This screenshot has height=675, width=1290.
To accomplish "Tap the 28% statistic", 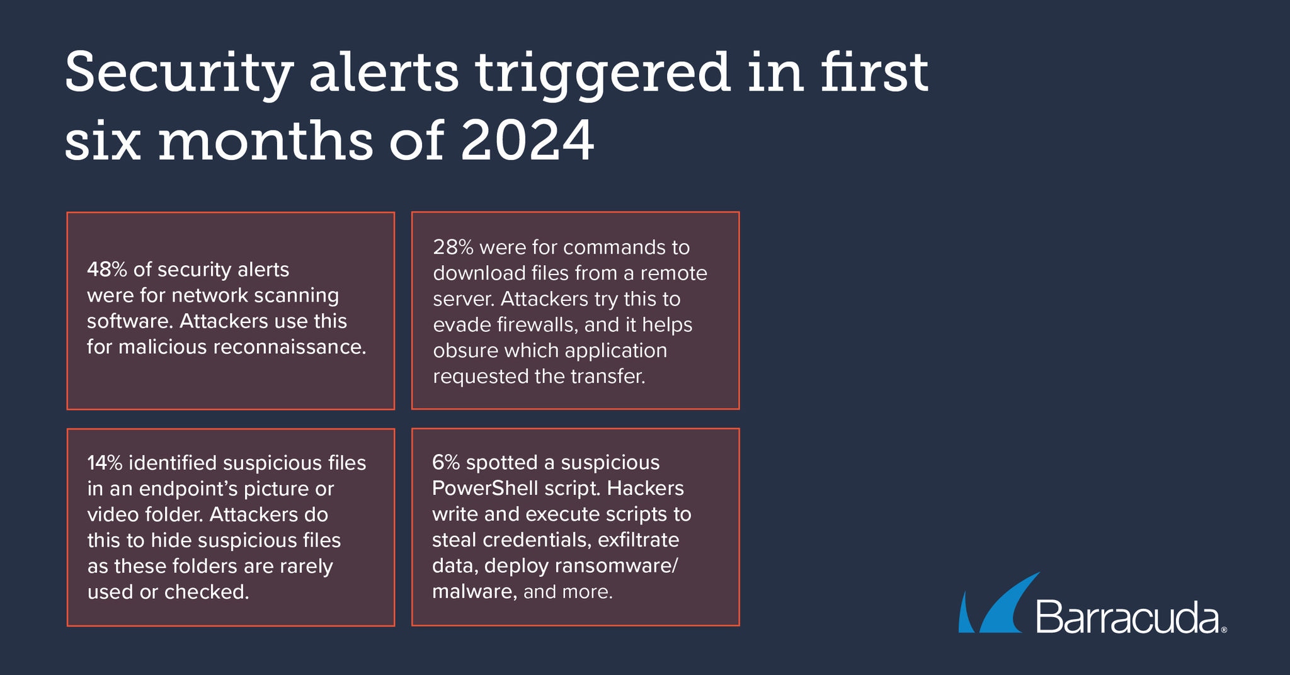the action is [453, 247].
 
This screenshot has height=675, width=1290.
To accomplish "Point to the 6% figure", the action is [447, 463].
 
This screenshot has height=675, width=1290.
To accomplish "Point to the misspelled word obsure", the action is [465, 351].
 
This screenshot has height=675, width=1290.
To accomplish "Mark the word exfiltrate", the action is [639, 540].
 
